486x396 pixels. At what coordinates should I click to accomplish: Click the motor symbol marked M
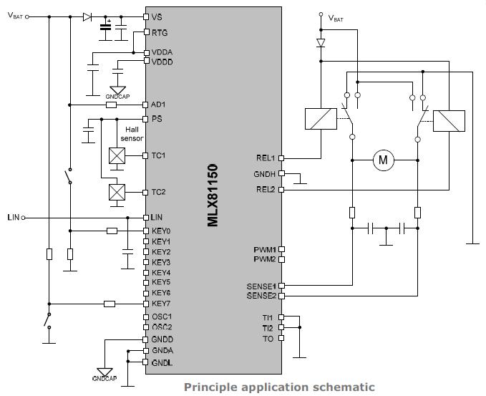(384, 160)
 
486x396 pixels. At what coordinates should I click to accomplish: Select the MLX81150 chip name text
(213, 195)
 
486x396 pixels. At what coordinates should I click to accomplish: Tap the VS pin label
(157, 16)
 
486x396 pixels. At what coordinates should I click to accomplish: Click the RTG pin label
(160, 32)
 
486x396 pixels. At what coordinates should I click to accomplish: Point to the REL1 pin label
(266, 158)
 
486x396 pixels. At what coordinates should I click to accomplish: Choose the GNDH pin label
(264, 174)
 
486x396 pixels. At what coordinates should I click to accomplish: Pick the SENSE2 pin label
(261, 296)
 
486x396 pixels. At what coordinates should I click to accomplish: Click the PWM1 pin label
(265, 250)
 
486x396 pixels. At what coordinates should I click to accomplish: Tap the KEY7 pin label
(161, 304)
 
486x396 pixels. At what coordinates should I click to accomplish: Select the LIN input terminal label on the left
(14, 218)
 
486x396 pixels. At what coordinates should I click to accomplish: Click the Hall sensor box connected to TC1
(117, 155)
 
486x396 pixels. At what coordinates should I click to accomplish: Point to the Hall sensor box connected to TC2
(117, 192)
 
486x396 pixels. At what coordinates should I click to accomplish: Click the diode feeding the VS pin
(87, 16)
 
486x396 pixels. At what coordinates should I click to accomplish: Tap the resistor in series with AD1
(111, 105)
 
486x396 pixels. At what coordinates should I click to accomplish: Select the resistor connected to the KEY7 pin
(110, 304)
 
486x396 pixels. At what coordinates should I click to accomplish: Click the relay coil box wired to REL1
(321, 119)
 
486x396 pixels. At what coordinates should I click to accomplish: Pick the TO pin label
(268, 339)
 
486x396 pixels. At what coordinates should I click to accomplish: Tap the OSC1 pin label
(162, 317)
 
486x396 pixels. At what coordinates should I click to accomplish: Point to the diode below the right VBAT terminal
(321, 43)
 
